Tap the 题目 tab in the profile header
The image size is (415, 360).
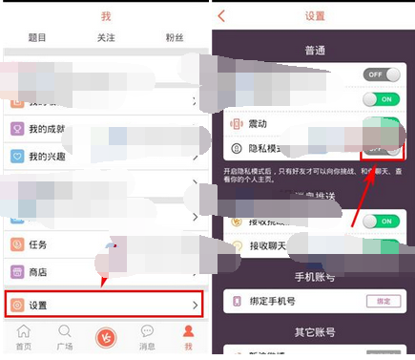35,38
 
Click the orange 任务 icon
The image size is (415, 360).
16,244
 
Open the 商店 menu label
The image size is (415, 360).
38,272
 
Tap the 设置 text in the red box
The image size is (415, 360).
38,305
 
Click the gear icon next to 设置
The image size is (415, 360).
16,305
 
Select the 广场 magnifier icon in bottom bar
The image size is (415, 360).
64,331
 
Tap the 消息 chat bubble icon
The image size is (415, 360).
147,331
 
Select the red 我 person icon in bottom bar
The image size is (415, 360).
188,331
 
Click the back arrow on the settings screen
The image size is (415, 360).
222,16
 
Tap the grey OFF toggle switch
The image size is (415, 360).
381,74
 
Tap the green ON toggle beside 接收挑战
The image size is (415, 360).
380,221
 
